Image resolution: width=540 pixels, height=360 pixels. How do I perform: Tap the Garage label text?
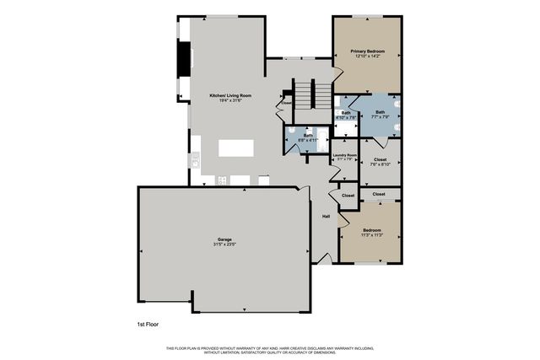click(224, 239)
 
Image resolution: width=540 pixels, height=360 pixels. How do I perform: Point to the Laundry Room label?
click(345, 155)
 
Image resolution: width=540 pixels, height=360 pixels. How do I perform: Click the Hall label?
click(326, 216)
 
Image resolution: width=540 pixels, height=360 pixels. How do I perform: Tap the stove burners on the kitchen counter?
click(222, 180)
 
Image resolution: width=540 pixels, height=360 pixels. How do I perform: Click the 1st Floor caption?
click(148, 324)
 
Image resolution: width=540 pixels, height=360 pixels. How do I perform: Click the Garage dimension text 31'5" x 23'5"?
click(224, 245)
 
